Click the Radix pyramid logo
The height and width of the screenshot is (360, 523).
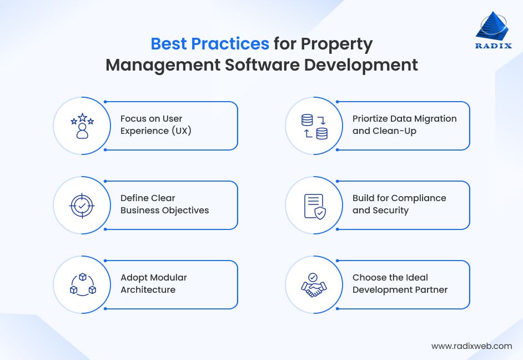coord(492,26)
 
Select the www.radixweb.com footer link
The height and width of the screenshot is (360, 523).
coord(471,346)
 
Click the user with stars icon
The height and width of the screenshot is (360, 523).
coord(82,126)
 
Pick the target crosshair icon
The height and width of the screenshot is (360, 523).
coord(82,205)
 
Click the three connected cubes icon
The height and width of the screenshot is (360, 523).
coord(82,284)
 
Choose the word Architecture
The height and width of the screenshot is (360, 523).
coord(148,290)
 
